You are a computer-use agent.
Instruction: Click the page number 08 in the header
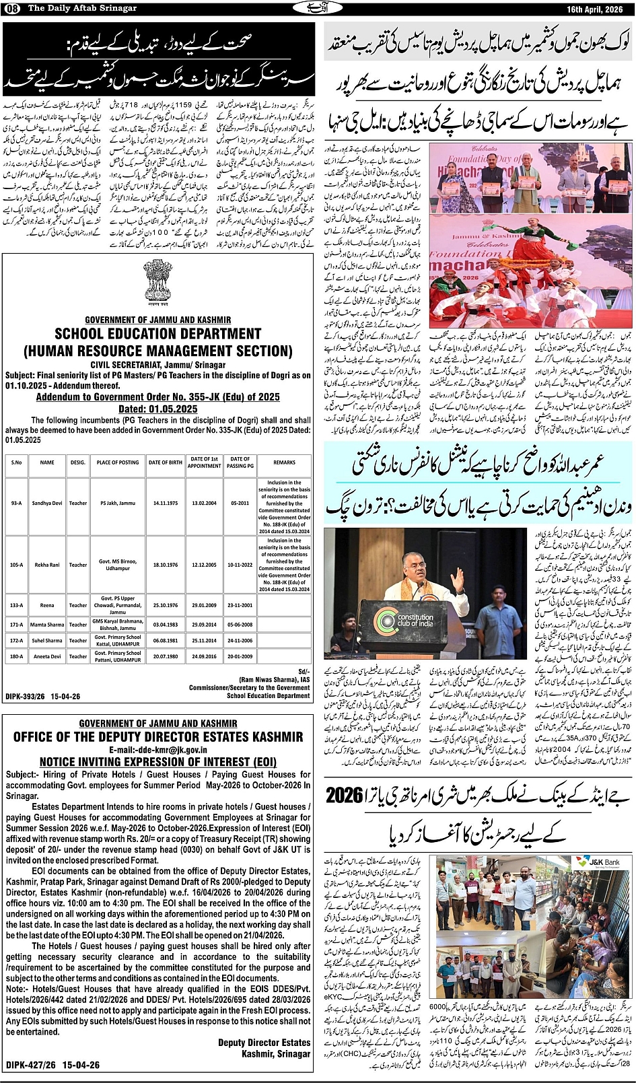pyautogui.click(x=13, y=7)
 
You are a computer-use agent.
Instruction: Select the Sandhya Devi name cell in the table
pyautogui.click(x=47, y=503)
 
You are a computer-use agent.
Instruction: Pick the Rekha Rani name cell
pyautogui.click(x=47, y=565)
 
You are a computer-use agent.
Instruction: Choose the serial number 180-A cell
pyautogui.click(x=16, y=656)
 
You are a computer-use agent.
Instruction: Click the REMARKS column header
pyautogui.click(x=284, y=462)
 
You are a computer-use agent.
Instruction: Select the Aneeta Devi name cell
pyautogui.click(x=47, y=656)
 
